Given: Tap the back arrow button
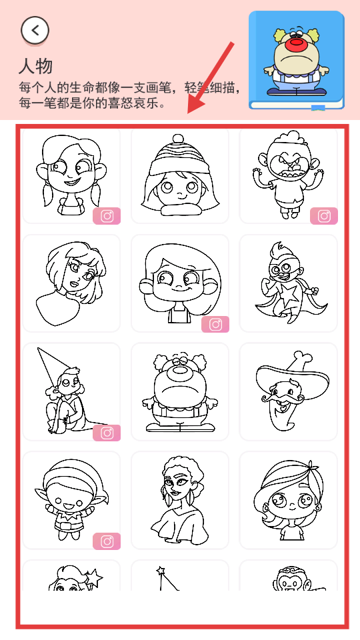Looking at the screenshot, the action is tap(35, 30).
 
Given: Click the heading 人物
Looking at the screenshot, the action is tap(35, 67).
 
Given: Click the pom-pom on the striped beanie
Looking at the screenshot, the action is tap(178, 139).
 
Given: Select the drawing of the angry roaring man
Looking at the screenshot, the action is tap(288, 174).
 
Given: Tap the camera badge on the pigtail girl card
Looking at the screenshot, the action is tap(107, 216).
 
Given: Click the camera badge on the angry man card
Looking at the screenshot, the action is tap(324, 216).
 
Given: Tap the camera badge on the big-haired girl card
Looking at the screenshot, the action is tap(215, 325).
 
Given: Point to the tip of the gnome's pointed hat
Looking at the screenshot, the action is tap(38, 348).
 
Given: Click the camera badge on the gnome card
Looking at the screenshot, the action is tap(107, 433).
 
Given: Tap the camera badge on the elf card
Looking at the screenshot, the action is tap(107, 541).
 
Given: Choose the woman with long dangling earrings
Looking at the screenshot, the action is tap(179, 501).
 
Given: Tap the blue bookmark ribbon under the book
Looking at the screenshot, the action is tap(319, 108).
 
